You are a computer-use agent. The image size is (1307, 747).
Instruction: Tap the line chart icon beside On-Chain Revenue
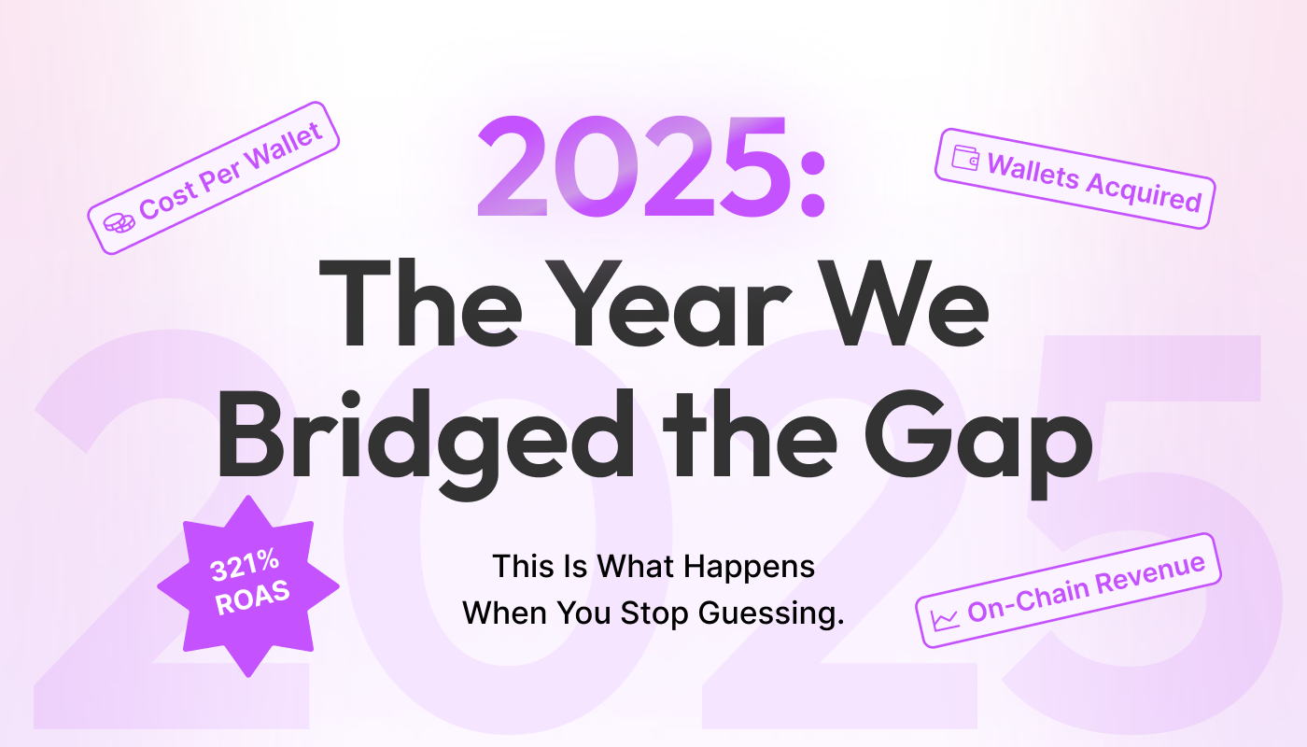[945, 618]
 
